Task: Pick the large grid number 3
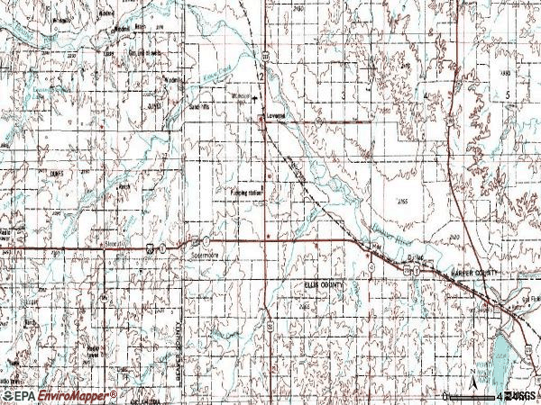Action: tap(344, 93)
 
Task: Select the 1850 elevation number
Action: tap(505, 71)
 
